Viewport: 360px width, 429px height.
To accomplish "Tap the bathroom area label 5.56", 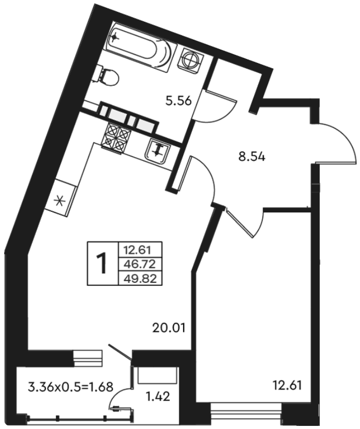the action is (178, 101).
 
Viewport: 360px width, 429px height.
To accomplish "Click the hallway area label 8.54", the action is (252, 157).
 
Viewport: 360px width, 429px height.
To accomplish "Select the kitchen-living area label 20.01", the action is (169, 328).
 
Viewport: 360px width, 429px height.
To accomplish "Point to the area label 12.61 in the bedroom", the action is (288, 386).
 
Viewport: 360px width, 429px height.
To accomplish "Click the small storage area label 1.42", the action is (158, 396).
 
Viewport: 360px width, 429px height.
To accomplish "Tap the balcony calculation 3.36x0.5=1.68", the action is (71, 387).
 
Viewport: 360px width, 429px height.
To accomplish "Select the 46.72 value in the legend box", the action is (140, 264).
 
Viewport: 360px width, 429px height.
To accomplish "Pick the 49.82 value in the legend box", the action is (140, 279).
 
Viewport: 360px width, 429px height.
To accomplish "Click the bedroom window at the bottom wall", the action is (246, 415).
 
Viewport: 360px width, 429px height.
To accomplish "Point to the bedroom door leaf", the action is (239, 222).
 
